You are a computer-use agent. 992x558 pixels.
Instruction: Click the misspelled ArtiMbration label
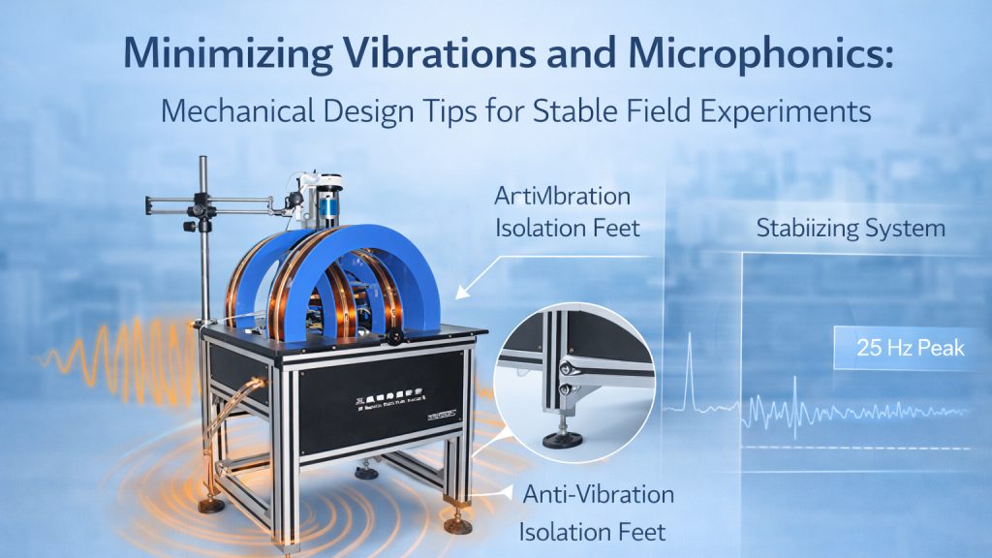click(562, 197)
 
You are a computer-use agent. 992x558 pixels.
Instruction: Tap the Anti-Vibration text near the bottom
click(598, 494)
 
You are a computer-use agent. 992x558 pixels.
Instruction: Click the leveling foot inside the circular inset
click(562, 436)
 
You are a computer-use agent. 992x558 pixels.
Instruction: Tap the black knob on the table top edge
click(395, 337)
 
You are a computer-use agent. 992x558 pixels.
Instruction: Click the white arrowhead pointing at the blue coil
click(463, 288)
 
